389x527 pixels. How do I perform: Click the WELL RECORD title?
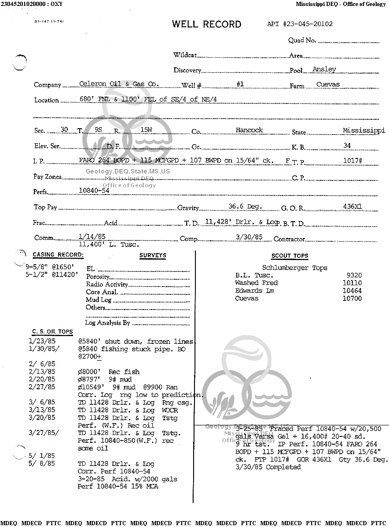coord(206,24)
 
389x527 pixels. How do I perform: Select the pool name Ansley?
coord(324,70)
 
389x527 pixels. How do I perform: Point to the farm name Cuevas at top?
coord(328,85)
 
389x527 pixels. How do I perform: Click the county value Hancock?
coord(249,130)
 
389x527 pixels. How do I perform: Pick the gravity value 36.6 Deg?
coord(245,206)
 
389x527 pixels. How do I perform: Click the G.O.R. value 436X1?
coord(352,206)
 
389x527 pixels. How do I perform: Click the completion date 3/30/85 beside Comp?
coord(249,237)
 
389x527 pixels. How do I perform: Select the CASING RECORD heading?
coord(58,255)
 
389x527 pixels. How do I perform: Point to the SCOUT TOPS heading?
coord(290,256)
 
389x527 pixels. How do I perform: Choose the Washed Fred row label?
coord(256,283)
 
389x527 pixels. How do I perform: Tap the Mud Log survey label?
coord(98,300)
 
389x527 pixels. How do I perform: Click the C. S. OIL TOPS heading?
coord(52,331)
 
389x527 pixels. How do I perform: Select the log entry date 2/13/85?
coord(42,372)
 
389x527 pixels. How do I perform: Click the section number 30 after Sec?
coord(64,130)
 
